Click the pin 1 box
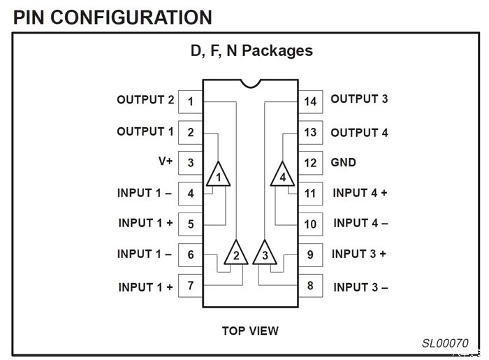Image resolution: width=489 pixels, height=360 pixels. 190,101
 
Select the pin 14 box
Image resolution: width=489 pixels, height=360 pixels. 310,101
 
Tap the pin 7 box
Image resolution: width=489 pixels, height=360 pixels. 190,285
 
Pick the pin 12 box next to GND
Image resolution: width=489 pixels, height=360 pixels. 310,163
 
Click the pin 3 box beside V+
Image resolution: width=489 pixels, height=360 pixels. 190,163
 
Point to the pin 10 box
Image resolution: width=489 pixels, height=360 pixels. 310,224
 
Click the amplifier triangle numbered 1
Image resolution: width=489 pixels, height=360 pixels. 219,175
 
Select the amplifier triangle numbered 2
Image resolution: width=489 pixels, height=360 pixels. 236,253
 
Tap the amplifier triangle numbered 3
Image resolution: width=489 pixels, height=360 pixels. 264,253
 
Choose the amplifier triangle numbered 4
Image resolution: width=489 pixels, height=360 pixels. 282,175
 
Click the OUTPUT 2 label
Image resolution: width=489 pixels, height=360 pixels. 145,100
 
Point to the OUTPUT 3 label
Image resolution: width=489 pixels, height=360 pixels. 359,99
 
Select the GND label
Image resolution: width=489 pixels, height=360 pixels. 343,163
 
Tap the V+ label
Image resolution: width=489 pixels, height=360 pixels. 166,161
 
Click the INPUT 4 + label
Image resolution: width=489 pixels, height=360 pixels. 360,193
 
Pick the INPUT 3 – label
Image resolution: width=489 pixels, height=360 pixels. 360,287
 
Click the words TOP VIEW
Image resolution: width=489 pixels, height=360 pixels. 250,331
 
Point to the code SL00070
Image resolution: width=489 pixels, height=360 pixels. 445,343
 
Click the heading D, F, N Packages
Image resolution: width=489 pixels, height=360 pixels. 251,51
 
